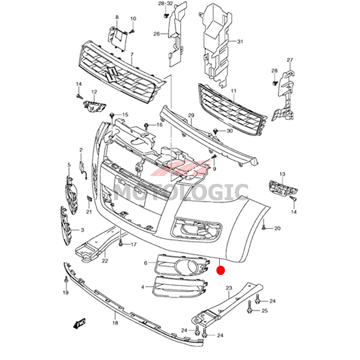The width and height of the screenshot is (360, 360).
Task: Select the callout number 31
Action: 240,42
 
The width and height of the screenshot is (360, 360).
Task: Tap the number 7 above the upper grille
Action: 132,55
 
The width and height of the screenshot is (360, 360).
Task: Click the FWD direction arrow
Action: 79,324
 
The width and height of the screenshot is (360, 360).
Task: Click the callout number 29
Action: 191,116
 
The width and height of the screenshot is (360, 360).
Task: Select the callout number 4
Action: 143,287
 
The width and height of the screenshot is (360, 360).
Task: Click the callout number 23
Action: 229,288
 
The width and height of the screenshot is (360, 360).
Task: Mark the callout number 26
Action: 156,34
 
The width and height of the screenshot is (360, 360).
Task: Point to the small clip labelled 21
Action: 89,199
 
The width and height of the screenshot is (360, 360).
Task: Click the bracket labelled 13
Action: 283,187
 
